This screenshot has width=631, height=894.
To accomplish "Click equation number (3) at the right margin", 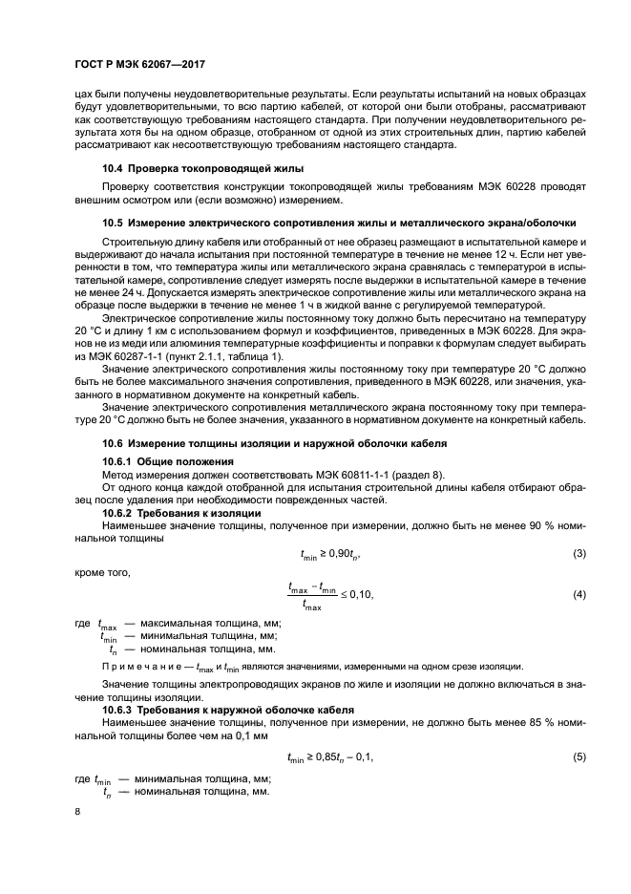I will point(578,554).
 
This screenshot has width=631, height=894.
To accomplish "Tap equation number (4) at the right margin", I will point(578,595).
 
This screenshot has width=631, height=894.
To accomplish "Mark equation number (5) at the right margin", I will point(578,757).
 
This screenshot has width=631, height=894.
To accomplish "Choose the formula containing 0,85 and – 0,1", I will point(330,757).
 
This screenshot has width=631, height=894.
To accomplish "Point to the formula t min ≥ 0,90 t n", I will point(330,554).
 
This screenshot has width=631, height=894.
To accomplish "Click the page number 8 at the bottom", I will point(77,812).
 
